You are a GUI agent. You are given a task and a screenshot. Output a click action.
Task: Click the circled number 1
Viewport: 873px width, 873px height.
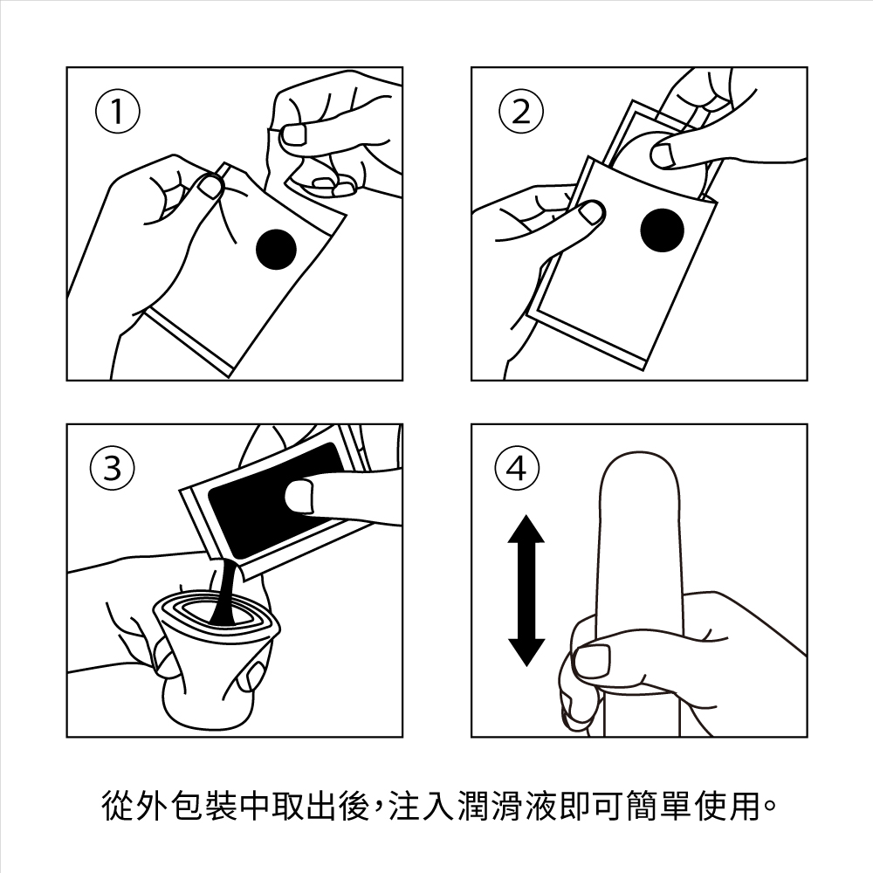118,112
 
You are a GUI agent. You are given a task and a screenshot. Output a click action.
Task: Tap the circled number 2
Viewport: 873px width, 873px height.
520,112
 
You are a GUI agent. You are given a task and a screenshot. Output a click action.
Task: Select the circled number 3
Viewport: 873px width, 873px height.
113,468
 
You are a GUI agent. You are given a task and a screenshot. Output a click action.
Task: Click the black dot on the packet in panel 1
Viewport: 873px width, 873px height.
277,249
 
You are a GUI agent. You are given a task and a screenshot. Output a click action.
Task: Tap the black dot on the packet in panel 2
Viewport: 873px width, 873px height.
662,230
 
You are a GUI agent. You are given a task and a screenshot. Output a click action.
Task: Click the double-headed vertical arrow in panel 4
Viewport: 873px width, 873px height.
526,590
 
